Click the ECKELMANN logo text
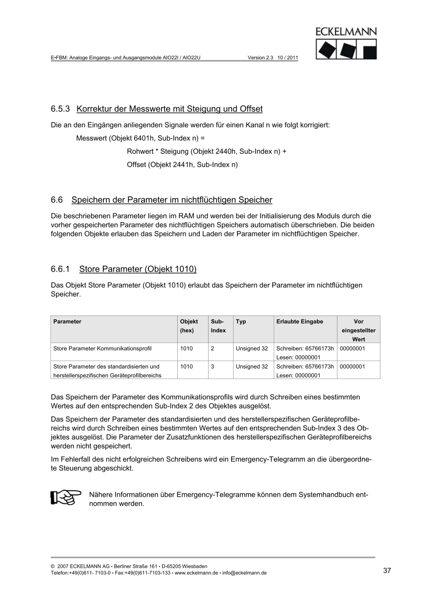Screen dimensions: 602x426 pyautogui.click(x=346, y=32)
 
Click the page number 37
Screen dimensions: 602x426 pyautogui.click(x=387, y=570)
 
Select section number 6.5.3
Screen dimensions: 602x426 pyautogui.click(x=61, y=108)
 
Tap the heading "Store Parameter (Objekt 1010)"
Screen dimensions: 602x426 pyautogui.click(x=138, y=269)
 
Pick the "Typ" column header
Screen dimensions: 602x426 pyautogui.click(x=241, y=322)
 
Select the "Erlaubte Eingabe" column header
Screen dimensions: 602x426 pyautogui.click(x=300, y=322)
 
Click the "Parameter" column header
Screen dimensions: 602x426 pyautogui.click(x=68, y=322)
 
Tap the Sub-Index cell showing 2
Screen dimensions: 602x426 pyautogui.click(x=213, y=349)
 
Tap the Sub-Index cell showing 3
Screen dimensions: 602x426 pyautogui.click(x=213, y=367)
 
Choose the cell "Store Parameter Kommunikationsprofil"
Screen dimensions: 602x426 pyautogui.click(x=102, y=349)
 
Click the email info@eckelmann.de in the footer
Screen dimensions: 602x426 pyautogui.click(x=244, y=573)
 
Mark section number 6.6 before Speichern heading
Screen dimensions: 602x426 pyautogui.click(x=57, y=200)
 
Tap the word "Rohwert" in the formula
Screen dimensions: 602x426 pyautogui.click(x=140, y=152)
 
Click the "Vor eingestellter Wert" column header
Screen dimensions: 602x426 pyautogui.click(x=358, y=330)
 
